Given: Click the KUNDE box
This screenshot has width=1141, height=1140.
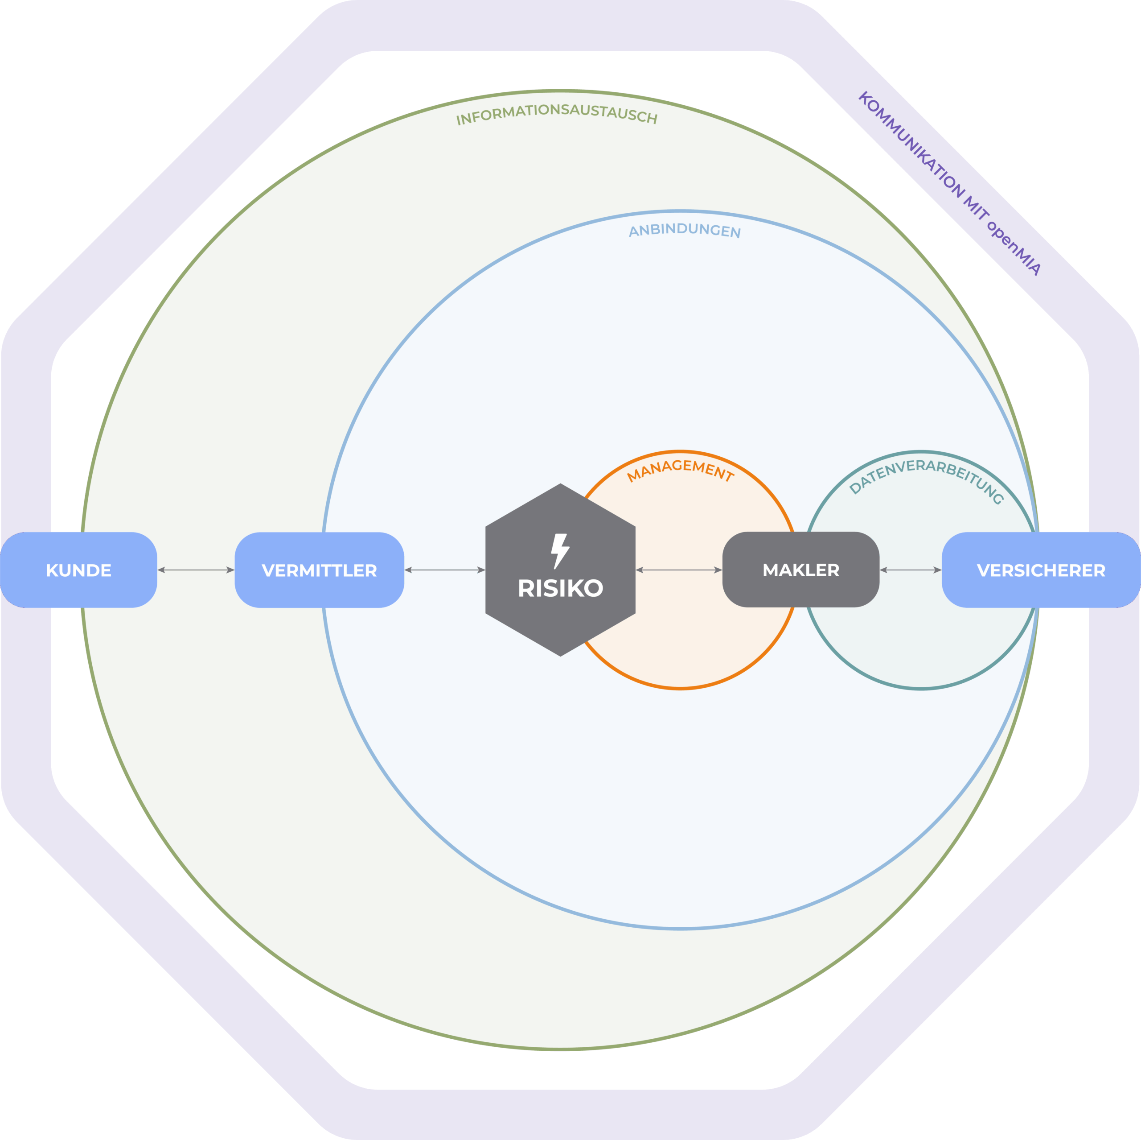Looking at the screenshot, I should click(x=78, y=570).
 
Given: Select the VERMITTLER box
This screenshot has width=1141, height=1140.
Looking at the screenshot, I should click(x=319, y=570).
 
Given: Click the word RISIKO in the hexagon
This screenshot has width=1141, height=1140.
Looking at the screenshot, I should click(x=560, y=588).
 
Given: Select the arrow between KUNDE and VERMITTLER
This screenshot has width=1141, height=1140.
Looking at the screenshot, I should click(x=196, y=570).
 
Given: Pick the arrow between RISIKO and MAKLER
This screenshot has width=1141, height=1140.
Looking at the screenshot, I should click(x=678, y=570).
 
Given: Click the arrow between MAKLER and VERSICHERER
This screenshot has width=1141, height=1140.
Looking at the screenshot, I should click(x=910, y=570).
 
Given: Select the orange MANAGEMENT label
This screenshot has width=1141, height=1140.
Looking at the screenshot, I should click(x=680, y=469).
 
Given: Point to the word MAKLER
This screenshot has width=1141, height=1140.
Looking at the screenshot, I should click(x=801, y=570).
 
